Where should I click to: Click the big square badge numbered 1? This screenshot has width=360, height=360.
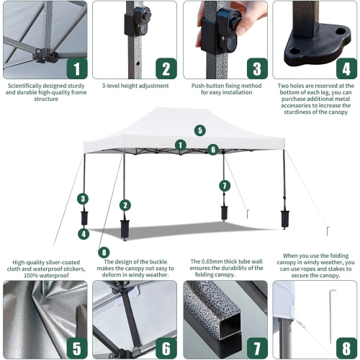(x=77, y=68)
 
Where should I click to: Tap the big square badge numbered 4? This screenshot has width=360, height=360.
(x=346, y=68)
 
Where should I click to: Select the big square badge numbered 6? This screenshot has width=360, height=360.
(x=167, y=348)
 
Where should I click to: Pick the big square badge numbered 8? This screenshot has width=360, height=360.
(x=346, y=348)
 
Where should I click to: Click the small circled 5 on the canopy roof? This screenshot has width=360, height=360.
(x=199, y=130)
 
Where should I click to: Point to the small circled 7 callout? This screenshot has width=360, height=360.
(x=225, y=186)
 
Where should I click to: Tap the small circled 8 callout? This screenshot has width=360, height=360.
(x=105, y=252)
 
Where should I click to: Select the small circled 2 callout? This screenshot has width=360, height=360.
(x=125, y=205)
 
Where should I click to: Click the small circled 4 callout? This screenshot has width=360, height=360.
(x=84, y=233)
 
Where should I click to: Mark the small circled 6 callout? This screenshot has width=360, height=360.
(x=212, y=150)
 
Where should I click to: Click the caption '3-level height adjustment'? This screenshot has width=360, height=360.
(x=135, y=86)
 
